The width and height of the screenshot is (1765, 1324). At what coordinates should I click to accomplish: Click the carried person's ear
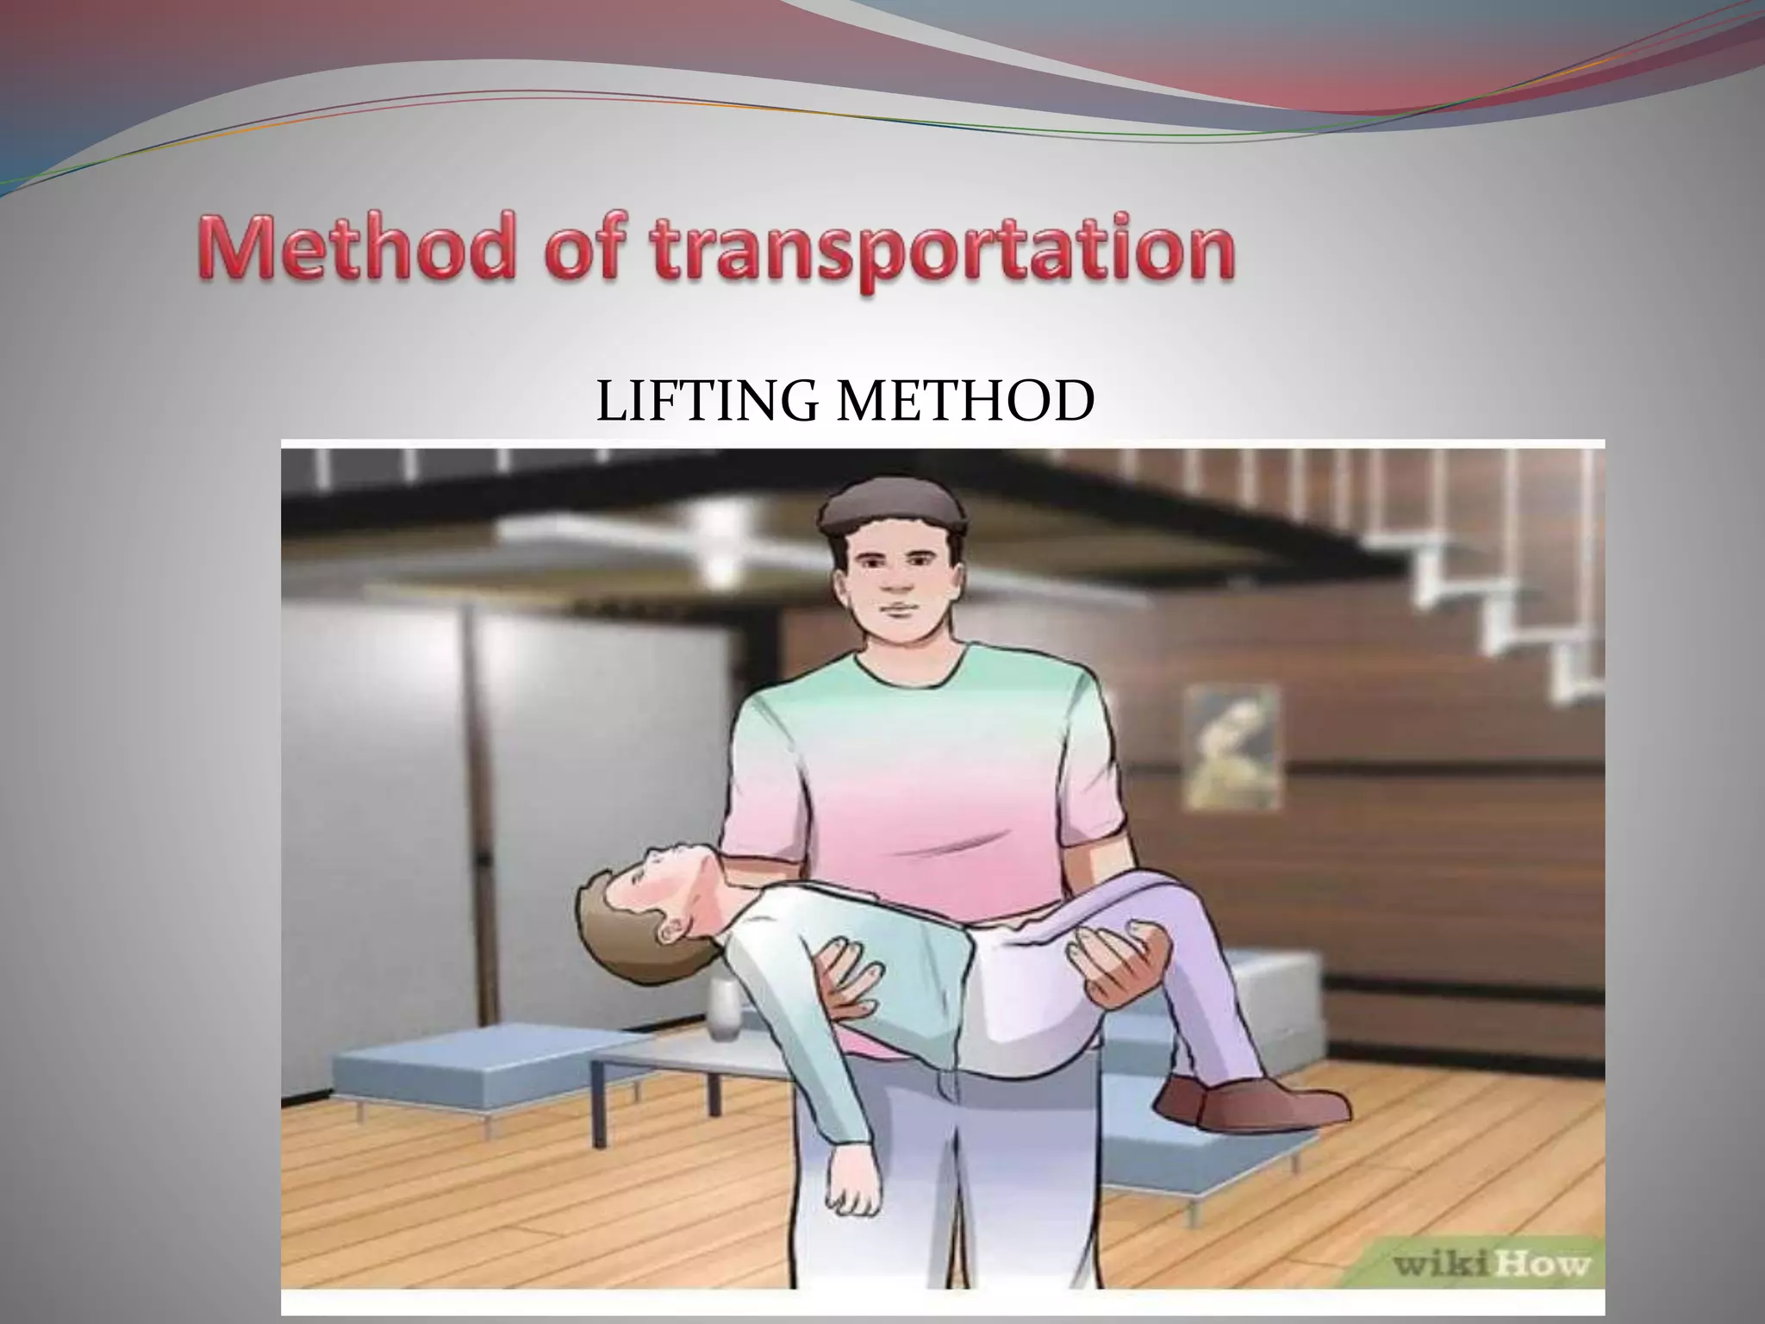coord(671,932)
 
